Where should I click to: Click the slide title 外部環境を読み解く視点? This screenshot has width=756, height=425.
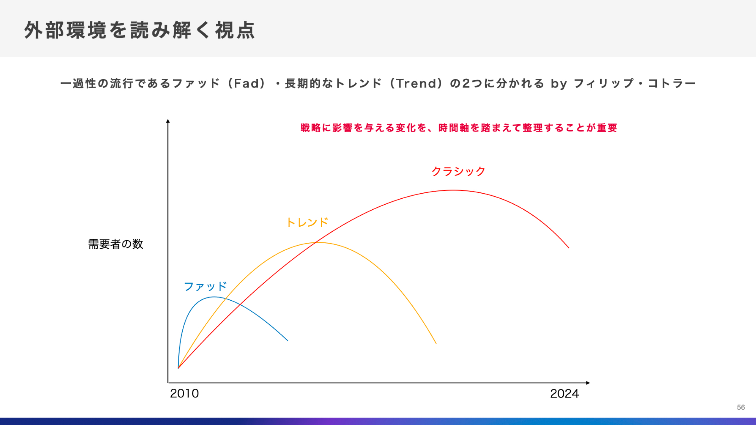140,31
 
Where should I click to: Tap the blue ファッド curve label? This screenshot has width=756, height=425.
205,286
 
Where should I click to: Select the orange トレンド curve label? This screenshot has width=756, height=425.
307,223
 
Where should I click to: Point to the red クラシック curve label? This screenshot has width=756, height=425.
458,172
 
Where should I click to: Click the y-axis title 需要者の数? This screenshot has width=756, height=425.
116,244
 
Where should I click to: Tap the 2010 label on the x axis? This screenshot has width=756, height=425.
184,394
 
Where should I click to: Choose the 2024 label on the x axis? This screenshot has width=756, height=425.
564,394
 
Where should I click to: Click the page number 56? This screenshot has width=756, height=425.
741,407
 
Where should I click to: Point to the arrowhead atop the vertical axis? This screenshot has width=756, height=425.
168,121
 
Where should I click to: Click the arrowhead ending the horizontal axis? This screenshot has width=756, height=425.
588,383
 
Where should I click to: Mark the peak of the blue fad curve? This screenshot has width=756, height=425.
214,297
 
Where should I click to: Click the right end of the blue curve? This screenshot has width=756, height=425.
288,341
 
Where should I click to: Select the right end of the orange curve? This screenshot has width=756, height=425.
436,343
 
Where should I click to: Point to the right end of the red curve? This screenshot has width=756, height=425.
569,248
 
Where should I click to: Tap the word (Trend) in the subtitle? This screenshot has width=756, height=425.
416,83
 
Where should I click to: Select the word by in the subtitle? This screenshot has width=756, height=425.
559,84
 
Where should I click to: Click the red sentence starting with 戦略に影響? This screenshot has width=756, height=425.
459,128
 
